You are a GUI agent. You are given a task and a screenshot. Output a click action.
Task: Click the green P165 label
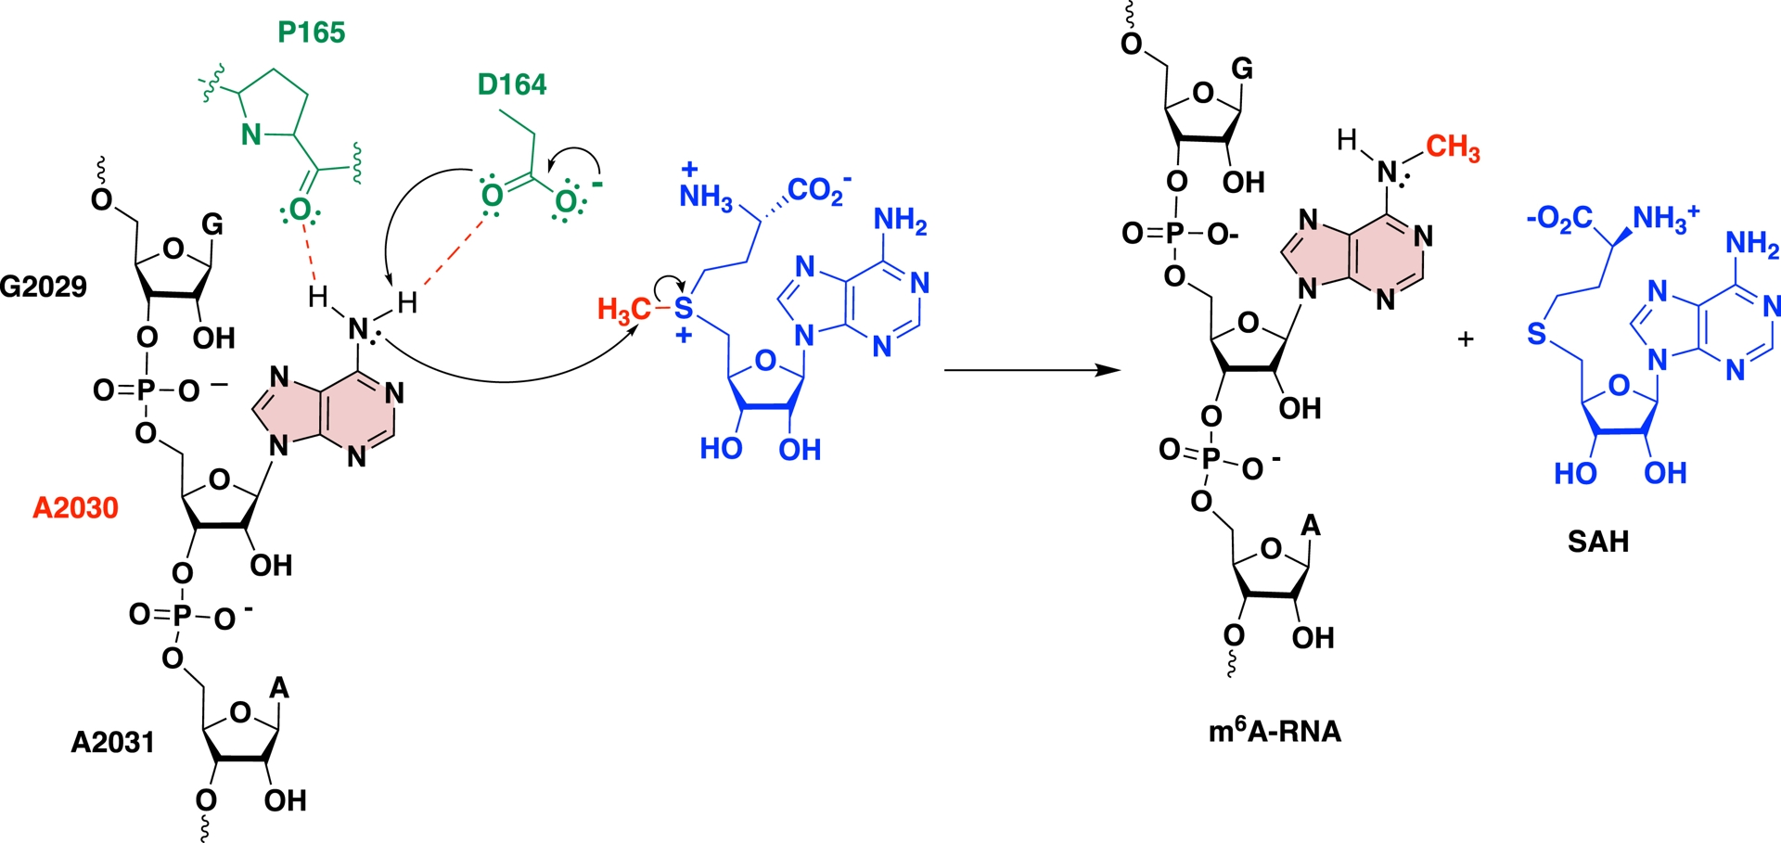(311, 32)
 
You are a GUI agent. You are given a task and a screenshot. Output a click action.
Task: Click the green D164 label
(512, 85)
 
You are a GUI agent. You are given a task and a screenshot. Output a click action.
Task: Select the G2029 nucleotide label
(44, 286)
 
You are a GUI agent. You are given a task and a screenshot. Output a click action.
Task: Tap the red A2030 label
(76, 508)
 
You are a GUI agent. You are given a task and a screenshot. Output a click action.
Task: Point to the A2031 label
(112, 743)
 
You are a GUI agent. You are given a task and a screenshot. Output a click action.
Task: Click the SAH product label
(1597, 542)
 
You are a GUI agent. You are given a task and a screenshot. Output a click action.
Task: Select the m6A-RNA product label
(1275, 731)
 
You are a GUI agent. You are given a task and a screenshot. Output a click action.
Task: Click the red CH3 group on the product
(1453, 147)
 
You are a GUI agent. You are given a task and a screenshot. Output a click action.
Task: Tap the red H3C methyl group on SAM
(623, 310)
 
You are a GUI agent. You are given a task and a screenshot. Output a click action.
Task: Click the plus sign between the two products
(1466, 339)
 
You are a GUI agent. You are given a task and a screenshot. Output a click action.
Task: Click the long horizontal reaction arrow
(1030, 370)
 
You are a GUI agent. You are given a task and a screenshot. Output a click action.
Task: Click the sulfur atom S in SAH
(1536, 334)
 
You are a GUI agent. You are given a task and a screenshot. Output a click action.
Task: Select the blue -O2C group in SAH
(1559, 220)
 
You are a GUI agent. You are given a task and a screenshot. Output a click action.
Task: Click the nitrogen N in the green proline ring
(250, 135)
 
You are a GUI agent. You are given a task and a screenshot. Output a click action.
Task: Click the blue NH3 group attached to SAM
(706, 196)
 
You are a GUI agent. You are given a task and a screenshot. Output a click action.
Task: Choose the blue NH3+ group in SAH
(1666, 218)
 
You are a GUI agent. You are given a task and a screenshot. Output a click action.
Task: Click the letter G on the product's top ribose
(1242, 69)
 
